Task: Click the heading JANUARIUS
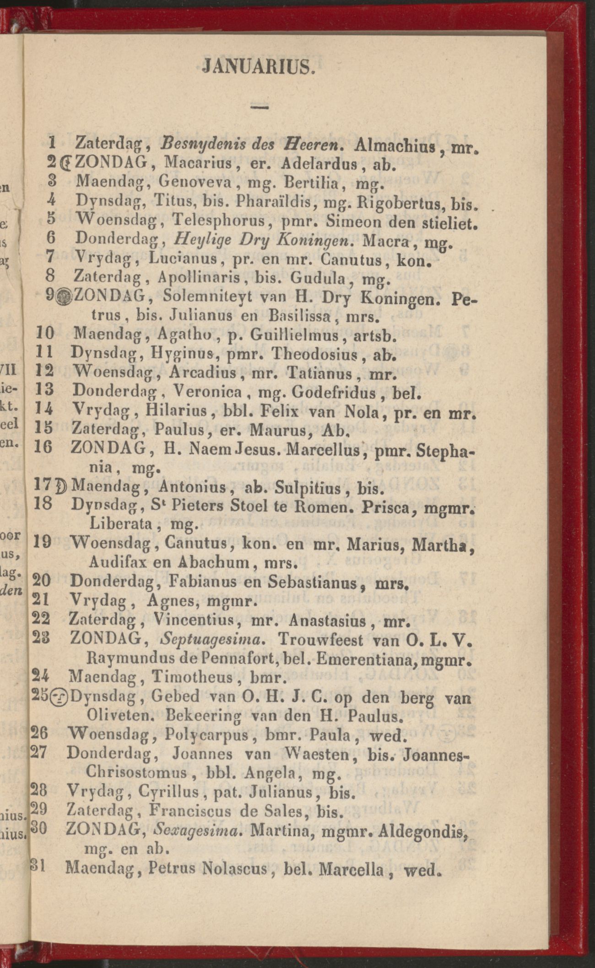tap(258, 68)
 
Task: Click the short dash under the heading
tap(259, 108)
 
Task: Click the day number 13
tap(44, 390)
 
